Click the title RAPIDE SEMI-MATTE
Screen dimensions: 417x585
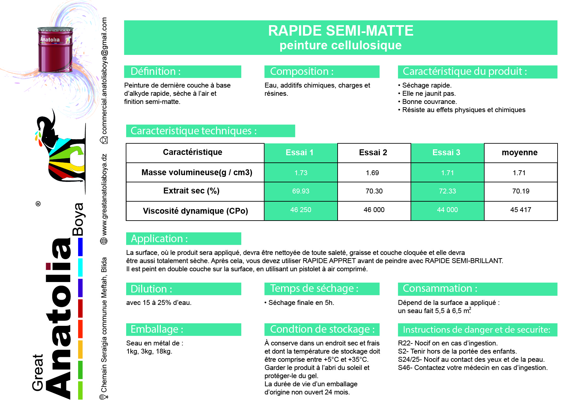[x=341, y=31]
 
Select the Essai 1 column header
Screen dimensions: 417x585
[x=299, y=153]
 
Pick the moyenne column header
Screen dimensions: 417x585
[x=520, y=153]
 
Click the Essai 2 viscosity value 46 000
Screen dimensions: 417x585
[x=374, y=210]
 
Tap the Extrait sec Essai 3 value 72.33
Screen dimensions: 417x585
[x=447, y=191]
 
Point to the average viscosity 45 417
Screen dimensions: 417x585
[x=521, y=210]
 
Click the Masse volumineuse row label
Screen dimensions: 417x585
[x=197, y=173]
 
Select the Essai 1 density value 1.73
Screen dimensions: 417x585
[x=301, y=173]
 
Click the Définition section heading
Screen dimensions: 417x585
[x=156, y=72]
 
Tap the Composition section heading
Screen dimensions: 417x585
[x=302, y=72]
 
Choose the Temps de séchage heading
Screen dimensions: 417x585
[x=314, y=289]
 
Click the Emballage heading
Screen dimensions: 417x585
[x=157, y=329]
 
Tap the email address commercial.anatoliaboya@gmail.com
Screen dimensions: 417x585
[x=104, y=76]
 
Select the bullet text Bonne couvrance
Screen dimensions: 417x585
[x=429, y=102]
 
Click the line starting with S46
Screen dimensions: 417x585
[x=473, y=368]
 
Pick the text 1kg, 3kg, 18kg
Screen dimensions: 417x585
[x=149, y=351]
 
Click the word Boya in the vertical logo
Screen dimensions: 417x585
[x=78, y=219]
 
